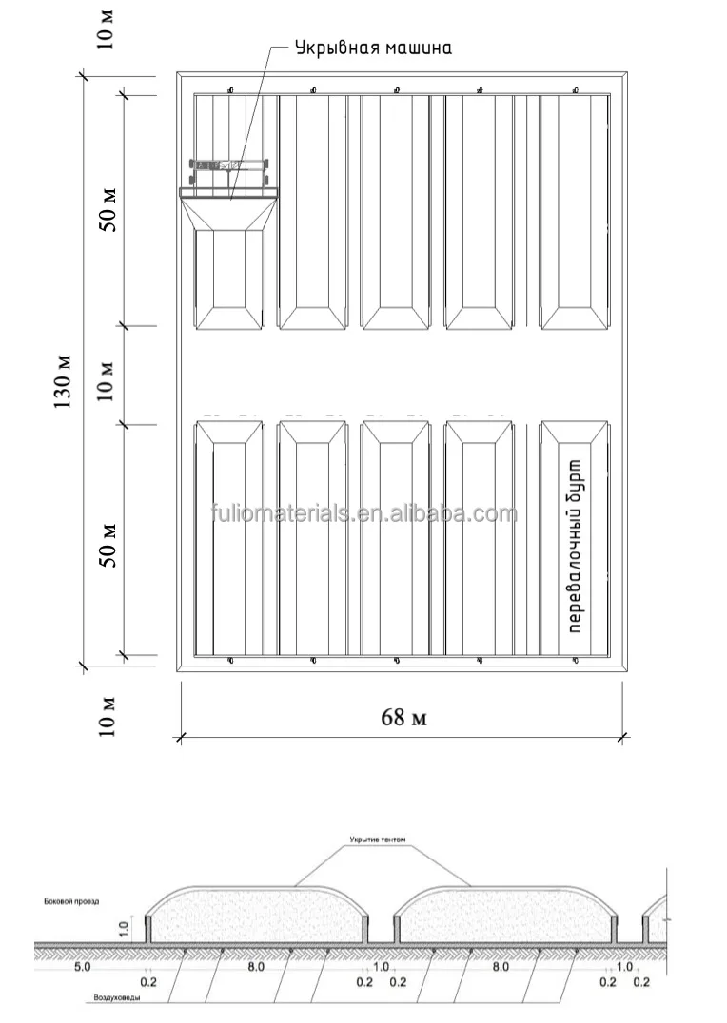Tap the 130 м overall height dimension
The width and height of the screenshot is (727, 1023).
[x=63, y=380]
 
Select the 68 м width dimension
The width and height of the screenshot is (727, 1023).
[x=403, y=717]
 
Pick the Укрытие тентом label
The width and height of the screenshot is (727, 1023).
[x=378, y=840]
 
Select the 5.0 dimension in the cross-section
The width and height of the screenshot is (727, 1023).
[x=83, y=966]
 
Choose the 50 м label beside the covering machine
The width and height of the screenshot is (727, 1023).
[x=108, y=210]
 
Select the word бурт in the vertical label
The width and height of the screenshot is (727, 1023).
[x=573, y=473]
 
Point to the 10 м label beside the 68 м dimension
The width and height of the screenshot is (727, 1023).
[x=108, y=717]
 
